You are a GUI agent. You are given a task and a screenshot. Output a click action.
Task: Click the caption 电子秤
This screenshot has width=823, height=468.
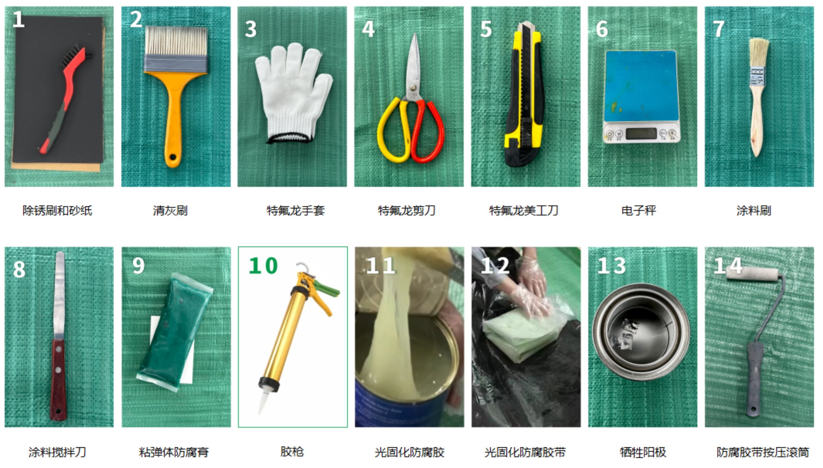pyautogui.click(x=638, y=211)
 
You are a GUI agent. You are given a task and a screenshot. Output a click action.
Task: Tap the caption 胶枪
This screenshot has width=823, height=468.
pyautogui.click(x=292, y=452)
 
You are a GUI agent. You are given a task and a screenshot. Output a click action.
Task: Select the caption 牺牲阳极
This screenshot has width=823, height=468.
pyautogui.click(x=643, y=452)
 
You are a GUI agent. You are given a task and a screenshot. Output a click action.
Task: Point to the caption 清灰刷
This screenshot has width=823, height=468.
pyautogui.click(x=170, y=211)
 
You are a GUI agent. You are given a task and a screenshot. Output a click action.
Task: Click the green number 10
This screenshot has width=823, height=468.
pyautogui.click(x=263, y=265)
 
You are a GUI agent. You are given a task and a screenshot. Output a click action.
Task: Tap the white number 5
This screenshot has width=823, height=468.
pyautogui.click(x=486, y=29)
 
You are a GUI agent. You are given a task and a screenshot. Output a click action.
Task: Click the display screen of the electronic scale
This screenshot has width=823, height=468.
pyautogui.click(x=641, y=133)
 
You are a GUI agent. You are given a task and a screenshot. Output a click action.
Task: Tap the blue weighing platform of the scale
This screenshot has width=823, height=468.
pyautogui.click(x=641, y=86)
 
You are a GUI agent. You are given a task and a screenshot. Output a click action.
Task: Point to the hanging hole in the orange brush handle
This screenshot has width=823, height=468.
pyautogui.click(x=173, y=157)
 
